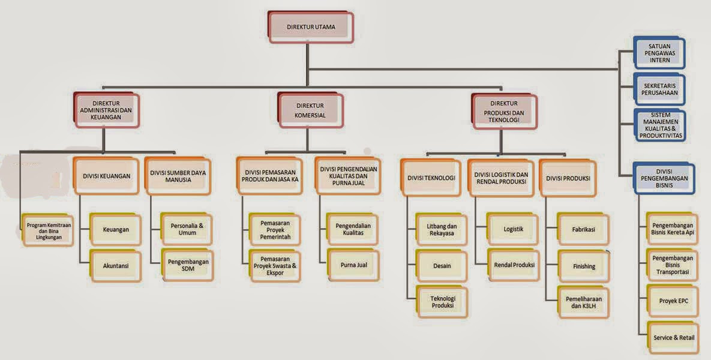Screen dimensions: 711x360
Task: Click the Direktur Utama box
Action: click(311, 27)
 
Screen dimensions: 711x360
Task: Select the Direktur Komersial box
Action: click(311, 110)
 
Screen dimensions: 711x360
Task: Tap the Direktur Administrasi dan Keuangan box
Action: click(106, 110)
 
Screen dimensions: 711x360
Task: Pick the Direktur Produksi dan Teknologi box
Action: click(504, 112)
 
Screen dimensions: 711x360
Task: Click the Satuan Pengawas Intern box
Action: click(659, 53)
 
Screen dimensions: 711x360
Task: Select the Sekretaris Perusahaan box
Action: click(659, 89)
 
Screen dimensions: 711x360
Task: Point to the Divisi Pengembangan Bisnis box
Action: click(664, 179)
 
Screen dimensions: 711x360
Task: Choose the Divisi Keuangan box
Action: click(106, 176)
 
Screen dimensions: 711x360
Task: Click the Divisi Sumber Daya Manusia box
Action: click(178, 176)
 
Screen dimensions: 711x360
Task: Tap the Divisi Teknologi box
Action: click(431, 178)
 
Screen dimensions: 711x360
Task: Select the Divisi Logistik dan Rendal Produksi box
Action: click(501, 178)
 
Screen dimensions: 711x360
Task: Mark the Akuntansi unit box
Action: click(116, 266)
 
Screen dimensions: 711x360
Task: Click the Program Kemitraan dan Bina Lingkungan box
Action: click(48, 231)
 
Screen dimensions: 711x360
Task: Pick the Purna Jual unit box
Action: click(353, 265)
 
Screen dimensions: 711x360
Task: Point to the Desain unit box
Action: click(442, 266)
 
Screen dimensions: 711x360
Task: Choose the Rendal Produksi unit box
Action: click(513, 265)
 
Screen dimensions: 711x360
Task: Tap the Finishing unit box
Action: click(584, 266)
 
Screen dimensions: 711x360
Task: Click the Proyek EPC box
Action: click(673, 301)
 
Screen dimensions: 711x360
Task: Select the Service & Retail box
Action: click(673, 338)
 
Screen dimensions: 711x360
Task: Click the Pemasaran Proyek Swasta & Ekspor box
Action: click(275, 266)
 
